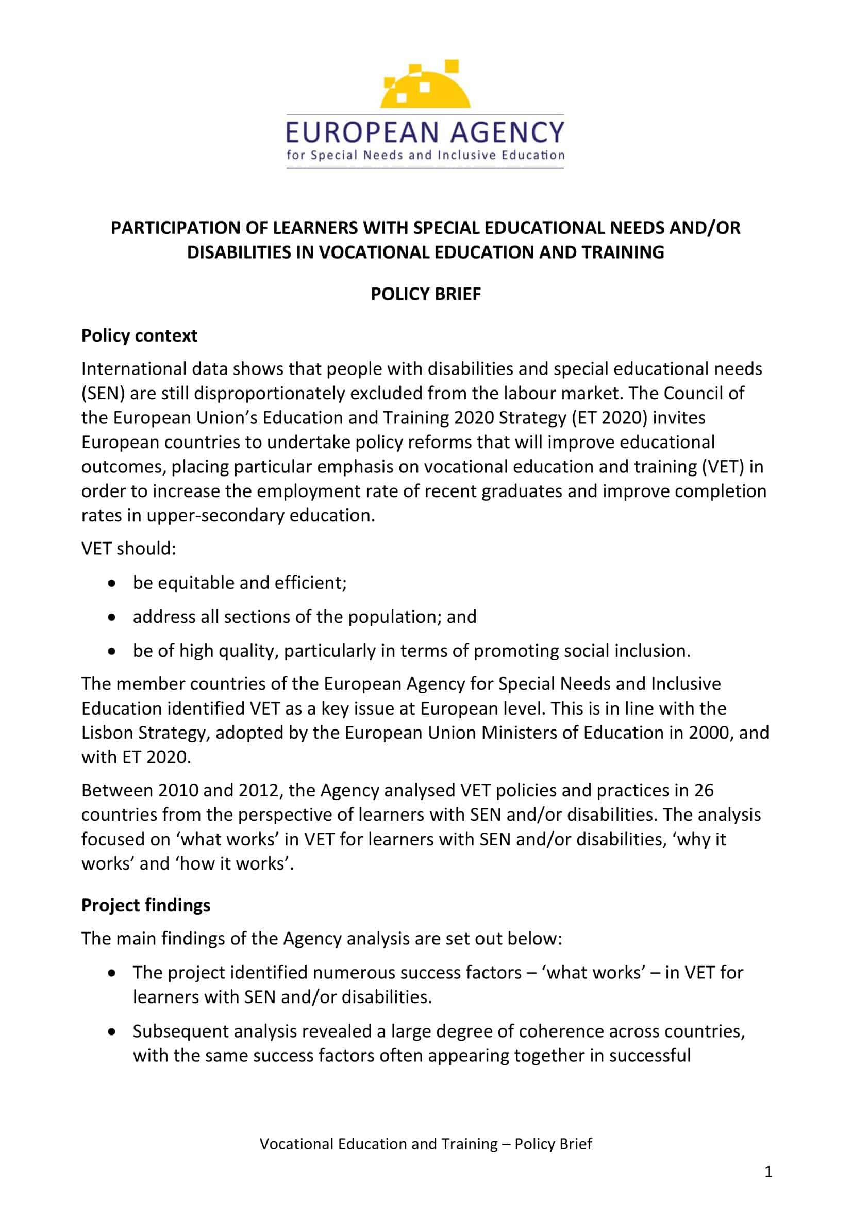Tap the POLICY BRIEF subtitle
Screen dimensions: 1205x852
click(x=425, y=294)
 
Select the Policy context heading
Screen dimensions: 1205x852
click(x=139, y=335)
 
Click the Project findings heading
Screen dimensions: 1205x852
click(x=145, y=905)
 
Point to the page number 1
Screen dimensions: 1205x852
click(x=768, y=1172)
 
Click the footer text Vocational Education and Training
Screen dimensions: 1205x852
click(x=378, y=1144)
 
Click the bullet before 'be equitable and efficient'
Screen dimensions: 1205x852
click(x=111, y=584)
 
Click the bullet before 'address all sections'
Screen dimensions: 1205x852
click(x=111, y=618)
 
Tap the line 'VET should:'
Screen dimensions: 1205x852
click(x=128, y=549)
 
